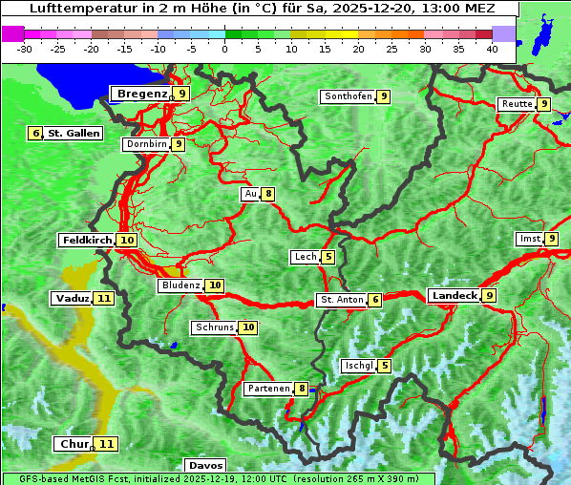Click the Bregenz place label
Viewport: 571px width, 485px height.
click(x=141, y=94)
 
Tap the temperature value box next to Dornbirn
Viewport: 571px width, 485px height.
click(x=178, y=144)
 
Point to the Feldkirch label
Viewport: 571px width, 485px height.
click(x=87, y=241)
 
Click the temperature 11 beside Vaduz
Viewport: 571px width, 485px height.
click(x=104, y=299)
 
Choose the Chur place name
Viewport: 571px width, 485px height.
click(x=73, y=444)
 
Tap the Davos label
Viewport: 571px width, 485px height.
click(x=205, y=466)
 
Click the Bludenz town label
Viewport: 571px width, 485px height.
click(x=181, y=285)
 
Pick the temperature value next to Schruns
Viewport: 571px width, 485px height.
click(x=248, y=327)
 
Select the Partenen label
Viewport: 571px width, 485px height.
click(x=267, y=389)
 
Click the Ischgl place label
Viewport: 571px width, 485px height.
click(x=358, y=366)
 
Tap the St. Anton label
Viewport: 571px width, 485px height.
click(x=342, y=300)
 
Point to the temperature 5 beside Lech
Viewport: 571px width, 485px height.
click(x=328, y=257)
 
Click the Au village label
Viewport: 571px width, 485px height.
click(x=251, y=194)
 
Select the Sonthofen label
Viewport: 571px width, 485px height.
click(x=348, y=96)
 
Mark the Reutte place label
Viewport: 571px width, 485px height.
click(x=517, y=104)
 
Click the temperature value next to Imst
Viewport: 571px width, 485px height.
click(x=552, y=239)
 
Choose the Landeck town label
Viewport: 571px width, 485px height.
click(x=454, y=296)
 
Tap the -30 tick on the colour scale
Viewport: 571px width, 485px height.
click(x=25, y=48)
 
